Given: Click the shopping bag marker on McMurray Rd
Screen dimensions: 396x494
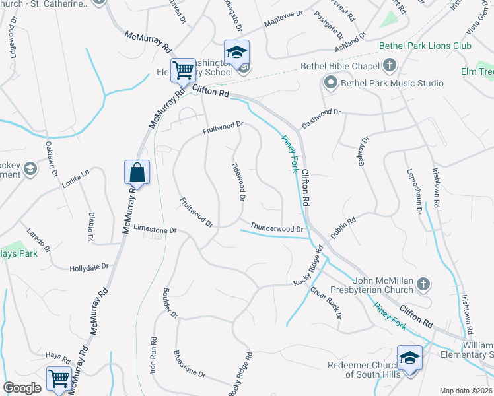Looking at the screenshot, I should (x=137, y=172).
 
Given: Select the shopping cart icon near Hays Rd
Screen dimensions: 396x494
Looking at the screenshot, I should (x=59, y=379).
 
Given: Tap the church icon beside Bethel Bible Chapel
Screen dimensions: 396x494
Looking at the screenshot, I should (x=390, y=65).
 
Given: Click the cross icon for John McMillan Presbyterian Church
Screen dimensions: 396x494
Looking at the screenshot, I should (x=423, y=284).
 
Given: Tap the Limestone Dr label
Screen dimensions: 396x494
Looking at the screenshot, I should (x=155, y=230).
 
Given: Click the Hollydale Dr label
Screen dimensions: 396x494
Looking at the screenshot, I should (x=88, y=267).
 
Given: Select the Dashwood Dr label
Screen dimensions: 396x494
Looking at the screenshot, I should (x=321, y=118).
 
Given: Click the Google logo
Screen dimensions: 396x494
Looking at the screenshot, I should (x=22, y=388).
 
